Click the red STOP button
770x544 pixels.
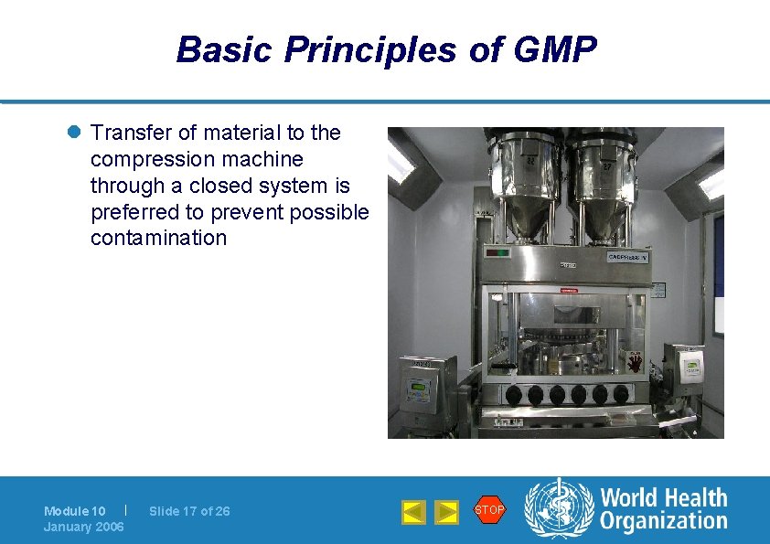click(489, 510)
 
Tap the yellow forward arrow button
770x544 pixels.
click(445, 512)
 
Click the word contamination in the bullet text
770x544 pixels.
click(158, 239)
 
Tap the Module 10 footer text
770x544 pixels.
click(74, 511)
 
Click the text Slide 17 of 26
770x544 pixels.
click(189, 511)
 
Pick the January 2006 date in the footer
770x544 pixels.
click(83, 527)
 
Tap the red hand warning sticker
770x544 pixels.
click(634, 363)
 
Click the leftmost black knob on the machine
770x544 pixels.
click(514, 395)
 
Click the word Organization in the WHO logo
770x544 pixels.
click(664, 521)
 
